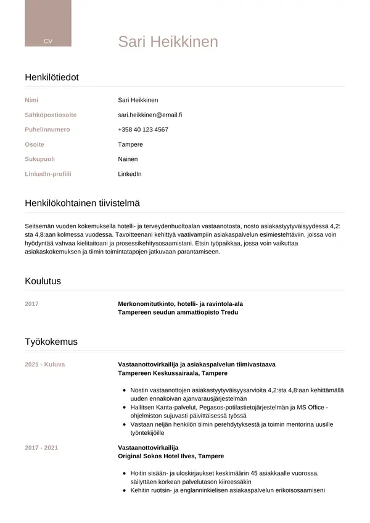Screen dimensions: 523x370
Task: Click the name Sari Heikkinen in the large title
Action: [x=168, y=41]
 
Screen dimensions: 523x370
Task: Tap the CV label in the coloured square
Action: [x=47, y=41]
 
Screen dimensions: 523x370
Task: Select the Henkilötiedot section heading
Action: [x=52, y=77]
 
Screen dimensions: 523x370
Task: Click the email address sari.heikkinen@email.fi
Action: [x=150, y=115]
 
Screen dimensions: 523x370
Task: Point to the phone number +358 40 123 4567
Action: [x=143, y=130]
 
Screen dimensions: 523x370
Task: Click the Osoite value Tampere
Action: [x=130, y=144]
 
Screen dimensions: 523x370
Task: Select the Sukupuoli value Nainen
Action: [x=128, y=159]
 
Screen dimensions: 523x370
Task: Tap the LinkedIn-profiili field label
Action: [x=48, y=174]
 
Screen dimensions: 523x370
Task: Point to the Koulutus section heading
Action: [x=43, y=281]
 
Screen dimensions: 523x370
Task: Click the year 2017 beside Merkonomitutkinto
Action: [x=31, y=304]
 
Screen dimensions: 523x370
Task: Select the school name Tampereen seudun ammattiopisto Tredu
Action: [x=178, y=313]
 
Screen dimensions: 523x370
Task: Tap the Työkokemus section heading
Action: [x=51, y=342]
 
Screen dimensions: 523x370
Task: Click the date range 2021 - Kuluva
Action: [x=44, y=364]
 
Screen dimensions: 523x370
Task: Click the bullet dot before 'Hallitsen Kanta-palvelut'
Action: [x=125, y=408]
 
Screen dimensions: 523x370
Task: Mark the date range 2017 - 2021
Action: [x=41, y=447]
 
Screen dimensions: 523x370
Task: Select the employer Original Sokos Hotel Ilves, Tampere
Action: [x=171, y=456]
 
